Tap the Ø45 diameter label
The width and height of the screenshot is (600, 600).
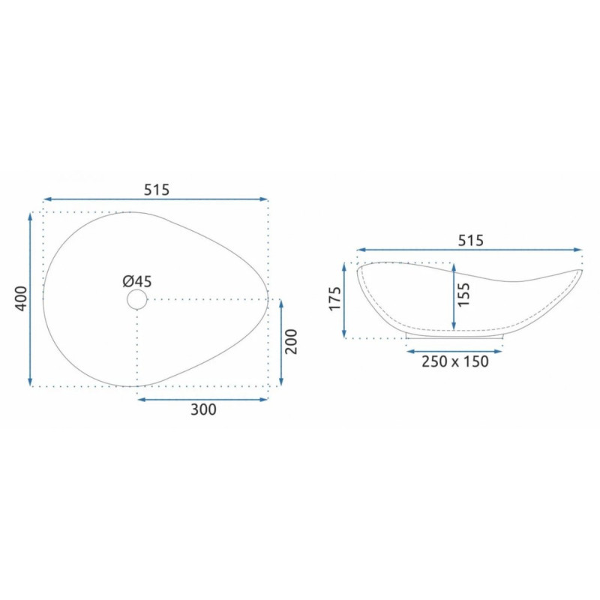137,282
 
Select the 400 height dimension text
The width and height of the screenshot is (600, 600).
22,298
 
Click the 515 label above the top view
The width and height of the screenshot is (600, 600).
156,190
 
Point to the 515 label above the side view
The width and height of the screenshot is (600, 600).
471,240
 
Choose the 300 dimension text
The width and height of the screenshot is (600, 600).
203,409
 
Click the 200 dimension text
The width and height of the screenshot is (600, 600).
292,341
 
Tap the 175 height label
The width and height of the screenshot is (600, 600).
334,298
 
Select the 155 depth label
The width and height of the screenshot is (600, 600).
463,294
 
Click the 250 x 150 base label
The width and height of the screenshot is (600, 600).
455,361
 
